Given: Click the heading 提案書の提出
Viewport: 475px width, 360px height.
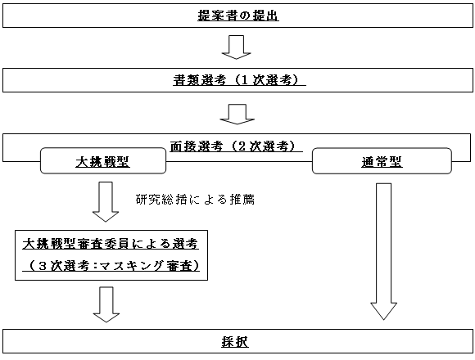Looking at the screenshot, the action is (238, 16).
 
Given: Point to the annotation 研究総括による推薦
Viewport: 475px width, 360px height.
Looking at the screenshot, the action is (195, 200).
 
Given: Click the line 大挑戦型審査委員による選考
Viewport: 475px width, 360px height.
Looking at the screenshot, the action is (111, 244).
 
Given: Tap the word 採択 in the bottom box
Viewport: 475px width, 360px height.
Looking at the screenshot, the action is (235, 342).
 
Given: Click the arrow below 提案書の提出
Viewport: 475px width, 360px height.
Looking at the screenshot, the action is (237, 47).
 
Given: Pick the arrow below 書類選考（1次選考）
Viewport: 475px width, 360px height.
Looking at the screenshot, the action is (237, 115).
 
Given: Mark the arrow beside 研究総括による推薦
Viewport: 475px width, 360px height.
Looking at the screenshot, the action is (106, 202).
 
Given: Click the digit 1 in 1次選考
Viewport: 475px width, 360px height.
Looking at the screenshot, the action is (245, 80).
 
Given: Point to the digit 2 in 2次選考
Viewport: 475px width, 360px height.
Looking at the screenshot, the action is (242, 146).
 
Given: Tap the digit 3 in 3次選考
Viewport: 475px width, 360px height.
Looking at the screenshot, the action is (43, 266).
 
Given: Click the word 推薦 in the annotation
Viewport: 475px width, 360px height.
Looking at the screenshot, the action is (242, 200).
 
